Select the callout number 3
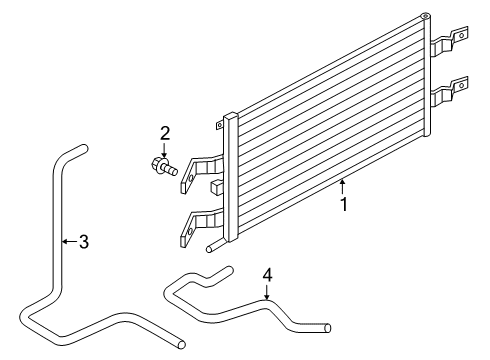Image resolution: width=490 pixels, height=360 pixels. click(84, 241)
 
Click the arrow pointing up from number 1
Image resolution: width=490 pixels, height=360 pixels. click(342, 186)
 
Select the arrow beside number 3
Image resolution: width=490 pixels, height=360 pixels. click(69, 241)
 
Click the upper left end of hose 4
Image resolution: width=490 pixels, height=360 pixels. click(227, 270)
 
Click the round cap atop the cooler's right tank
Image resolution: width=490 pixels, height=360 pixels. click(425, 15)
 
